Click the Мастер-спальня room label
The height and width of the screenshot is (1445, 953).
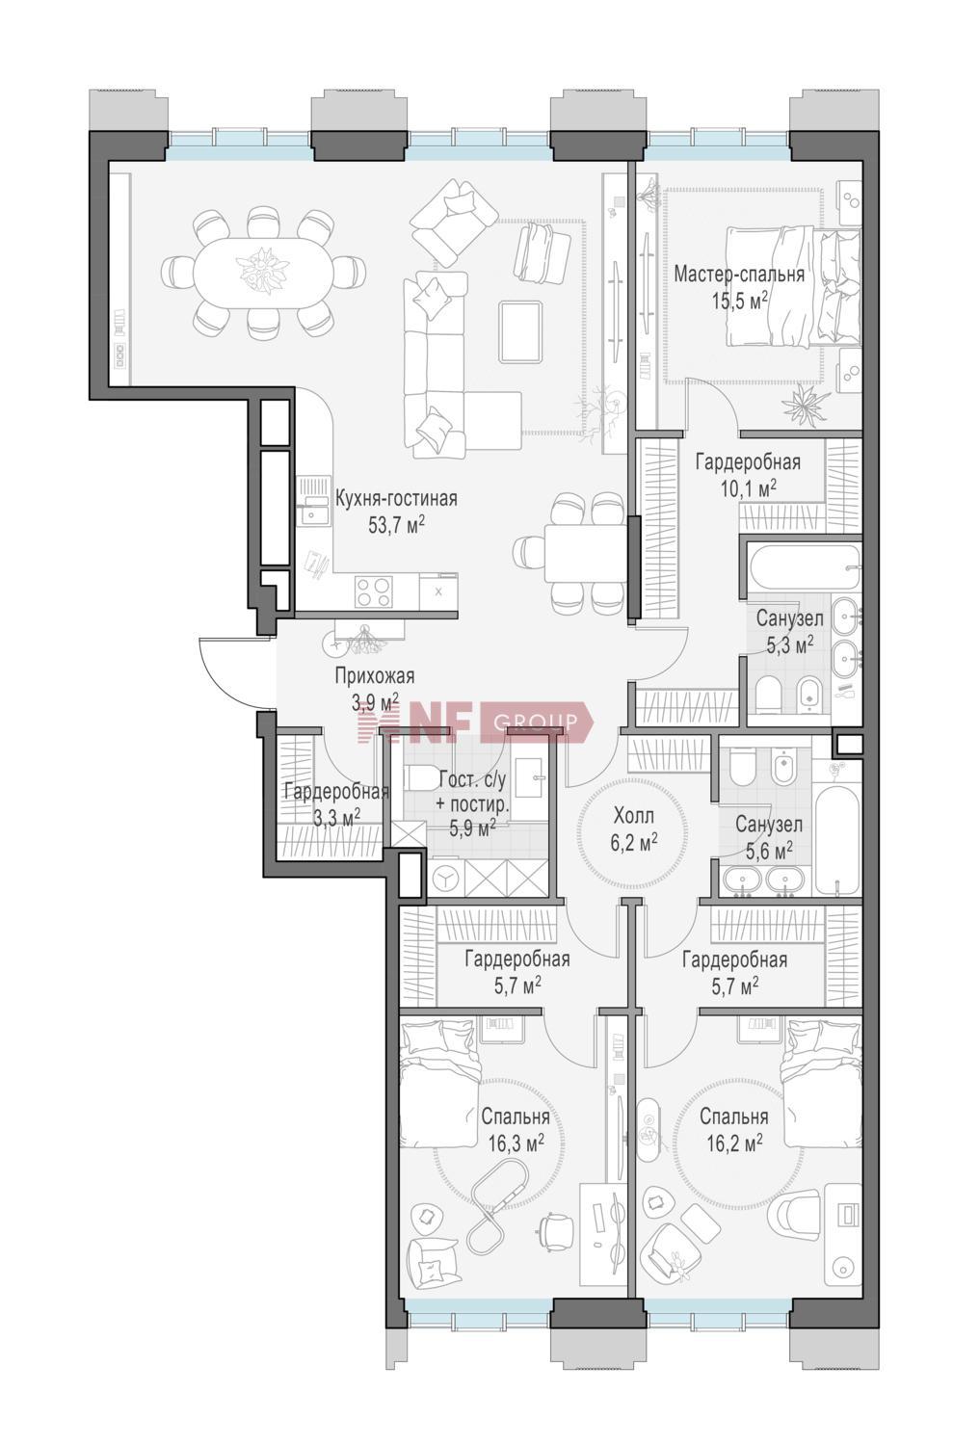739,275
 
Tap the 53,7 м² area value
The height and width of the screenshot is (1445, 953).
396,524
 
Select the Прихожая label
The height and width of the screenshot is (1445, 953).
374,676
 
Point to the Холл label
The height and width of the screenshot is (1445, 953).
633,816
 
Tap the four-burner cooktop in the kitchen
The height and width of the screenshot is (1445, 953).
374,591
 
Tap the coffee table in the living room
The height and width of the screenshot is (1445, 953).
522,331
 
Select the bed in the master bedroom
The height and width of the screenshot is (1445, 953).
794,287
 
